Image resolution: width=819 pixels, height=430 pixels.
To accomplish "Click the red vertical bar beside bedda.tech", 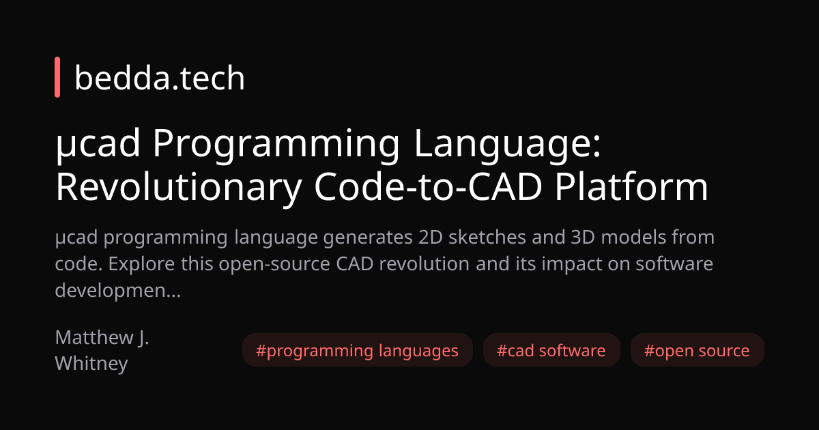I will (57, 78).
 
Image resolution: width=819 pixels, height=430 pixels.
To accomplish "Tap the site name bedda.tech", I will (159, 78).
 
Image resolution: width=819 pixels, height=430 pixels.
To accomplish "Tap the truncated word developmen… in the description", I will (117, 289).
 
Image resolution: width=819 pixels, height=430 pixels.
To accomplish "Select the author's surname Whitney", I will (91, 363).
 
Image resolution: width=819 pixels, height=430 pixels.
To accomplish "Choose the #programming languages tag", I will (357, 351).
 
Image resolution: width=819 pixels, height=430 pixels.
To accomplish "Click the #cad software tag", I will (551, 351).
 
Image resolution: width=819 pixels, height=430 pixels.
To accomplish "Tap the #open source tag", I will (697, 351).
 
